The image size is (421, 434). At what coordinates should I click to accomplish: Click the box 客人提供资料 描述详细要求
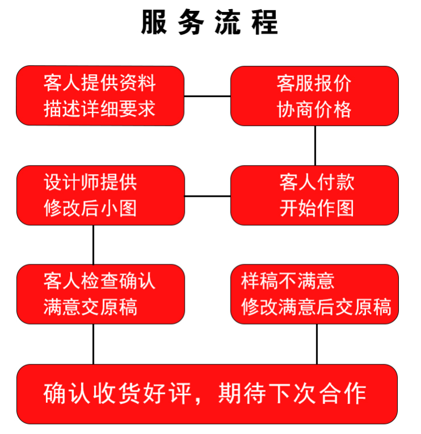pyautogui.click(x=100, y=95)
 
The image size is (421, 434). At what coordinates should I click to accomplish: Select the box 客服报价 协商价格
pyautogui.click(x=314, y=95)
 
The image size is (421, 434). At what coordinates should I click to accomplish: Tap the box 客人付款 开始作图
pyautogui.click(x=314, y=195)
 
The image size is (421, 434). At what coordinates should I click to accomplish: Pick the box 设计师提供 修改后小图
pyautogui.click(x=100, y=195)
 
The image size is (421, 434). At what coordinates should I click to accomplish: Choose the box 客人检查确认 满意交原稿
pyautogui.click(x=100, y=294)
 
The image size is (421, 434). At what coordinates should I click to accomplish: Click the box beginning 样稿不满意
pyautogui.click(x=314, y=294)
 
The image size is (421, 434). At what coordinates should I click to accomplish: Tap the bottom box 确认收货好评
pyautogui.click(x=207, y=394)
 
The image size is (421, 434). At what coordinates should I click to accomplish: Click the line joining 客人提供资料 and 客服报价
pyautogui.click(x=207, y=96)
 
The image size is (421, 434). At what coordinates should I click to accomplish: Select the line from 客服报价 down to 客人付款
pyautogui.click(x=315, y=145)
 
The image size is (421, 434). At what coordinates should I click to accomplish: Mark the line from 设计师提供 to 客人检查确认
pyautogui.click(x=93, y=245)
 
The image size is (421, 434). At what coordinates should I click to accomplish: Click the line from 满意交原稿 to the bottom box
pyautogui.click(x=93, y=344)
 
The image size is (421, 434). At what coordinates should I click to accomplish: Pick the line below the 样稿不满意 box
pyautogui.click(x=317, y=344)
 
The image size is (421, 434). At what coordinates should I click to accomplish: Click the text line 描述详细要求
pyautogui.click(x=100, y=108)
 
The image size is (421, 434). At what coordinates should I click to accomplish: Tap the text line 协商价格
pyautogui.click(x=314, y=108)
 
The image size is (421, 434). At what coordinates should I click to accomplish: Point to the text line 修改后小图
pyautogui.click(x=91, y=208)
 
